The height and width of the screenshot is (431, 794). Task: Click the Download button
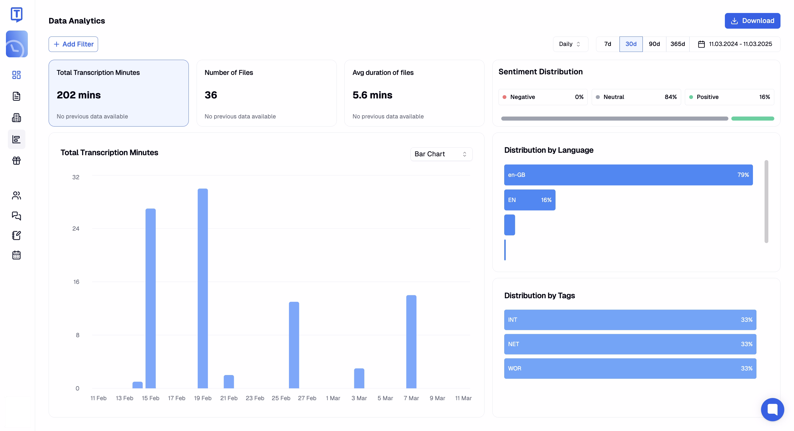(x=752, y=21)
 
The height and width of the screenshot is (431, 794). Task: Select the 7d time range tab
(x=608, y=44)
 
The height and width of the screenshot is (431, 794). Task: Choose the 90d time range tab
(x=654, y=44)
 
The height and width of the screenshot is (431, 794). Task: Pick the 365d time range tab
(x=678, y=44)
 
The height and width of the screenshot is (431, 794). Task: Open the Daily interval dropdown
(x=570, y=44)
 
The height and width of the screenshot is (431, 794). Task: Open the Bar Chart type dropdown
(x=441, y=154)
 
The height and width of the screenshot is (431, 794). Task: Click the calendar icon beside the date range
(x=701, y=44)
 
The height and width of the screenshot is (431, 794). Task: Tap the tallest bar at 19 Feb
(x=203, y=288)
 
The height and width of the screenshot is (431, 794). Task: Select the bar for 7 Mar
(x=411, y=342)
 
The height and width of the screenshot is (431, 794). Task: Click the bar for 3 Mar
(x=359, y=378)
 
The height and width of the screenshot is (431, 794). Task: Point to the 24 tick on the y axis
(x=76, y=228)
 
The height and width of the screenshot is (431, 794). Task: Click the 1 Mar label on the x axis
(x=333, y=398)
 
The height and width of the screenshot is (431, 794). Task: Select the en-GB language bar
(x=628, y=175)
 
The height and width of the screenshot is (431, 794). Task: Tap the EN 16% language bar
(x=530, y=200)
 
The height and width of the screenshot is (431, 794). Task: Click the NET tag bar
(x=630, y=344)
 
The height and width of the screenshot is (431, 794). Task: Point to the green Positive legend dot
(x=691, y=97)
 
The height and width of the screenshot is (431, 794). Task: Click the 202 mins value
(x=79, y=95)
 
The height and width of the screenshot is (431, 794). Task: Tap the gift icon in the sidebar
(x=16, y=160)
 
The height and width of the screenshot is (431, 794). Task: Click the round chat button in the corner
(x=772, y=409)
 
